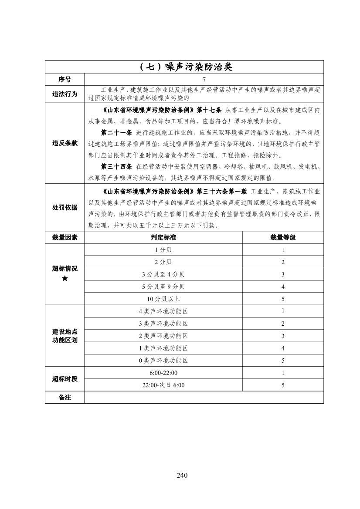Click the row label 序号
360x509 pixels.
pos(65,80)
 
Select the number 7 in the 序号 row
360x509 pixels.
pos(204,80)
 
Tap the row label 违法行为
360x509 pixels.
pos(65,94)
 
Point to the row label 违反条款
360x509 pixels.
pos(65,143)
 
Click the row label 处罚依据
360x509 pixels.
pos(65,208)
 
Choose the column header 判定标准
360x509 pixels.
pos(163,237)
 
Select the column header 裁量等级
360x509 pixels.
pos(283,237)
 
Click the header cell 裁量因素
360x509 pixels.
pos(65,237)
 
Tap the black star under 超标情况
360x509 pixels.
pos(65,278)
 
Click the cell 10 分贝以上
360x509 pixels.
pos(163,299)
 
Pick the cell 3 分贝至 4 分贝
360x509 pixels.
pos(163,274)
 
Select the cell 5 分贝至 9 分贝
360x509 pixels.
pos(163,287)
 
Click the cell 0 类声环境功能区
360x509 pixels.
pos(163,361)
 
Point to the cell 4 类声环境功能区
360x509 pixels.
pos(163,311)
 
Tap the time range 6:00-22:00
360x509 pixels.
pos(163,373)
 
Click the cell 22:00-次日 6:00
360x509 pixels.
pos(163,385)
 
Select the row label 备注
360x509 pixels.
pos(65,398)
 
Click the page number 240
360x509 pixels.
pos(182,475)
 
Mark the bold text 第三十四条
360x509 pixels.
pos(116,166)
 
